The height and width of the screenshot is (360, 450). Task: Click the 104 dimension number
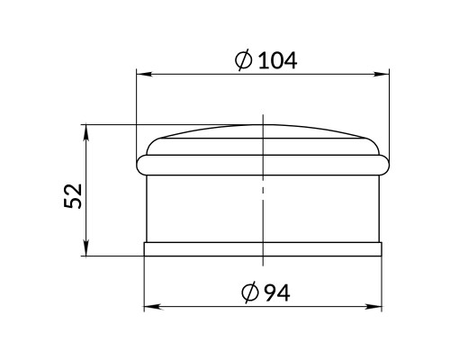[x=277, y=60]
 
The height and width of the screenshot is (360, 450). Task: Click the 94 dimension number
[x=277, y=292]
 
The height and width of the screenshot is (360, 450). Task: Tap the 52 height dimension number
[x=73, y=196]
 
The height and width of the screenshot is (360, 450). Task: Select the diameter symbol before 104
[x=244, y=60]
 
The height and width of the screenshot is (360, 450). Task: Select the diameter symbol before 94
[x=250, y=292]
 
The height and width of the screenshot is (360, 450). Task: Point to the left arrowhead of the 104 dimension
[x=145, y=74]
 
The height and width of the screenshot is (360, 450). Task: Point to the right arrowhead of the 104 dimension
[x=381, y=74]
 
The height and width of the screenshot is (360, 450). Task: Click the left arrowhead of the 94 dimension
[x=152, y=307]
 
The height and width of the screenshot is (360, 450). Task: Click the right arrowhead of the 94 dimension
[x=373, y=307]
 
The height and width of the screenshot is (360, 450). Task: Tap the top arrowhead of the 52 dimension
[x=86, y=132]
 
